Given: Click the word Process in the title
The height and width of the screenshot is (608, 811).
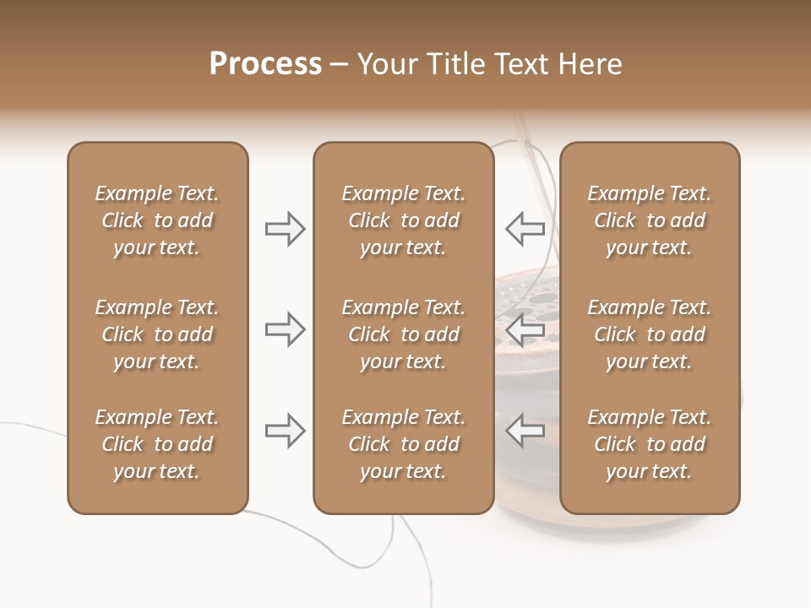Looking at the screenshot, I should click(x=265, y=64).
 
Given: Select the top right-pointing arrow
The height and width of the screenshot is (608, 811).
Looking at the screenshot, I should click(x=286, y=229).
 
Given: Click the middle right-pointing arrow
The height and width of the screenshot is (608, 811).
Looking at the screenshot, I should click(x=286, y=329).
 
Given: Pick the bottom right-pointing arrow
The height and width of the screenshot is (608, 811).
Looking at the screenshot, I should click(x=286, y=431).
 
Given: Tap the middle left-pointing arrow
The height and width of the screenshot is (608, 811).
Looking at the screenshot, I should click(x=525, y=329).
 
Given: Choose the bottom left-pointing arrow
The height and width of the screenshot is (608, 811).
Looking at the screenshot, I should click(x=525, y=431).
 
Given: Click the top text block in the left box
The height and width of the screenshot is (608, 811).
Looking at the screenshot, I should click(x=157, y=220).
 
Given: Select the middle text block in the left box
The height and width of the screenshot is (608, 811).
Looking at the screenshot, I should click(x=157, y=334).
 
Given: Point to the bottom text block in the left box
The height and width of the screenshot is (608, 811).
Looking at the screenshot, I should click(x=157, y=444).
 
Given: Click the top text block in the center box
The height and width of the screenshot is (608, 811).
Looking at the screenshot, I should click(x=403, y=220).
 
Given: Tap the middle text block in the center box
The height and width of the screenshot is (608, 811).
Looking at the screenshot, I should click(x=403, y=334).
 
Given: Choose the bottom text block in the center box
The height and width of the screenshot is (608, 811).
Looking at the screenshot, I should click(x=403, y=444).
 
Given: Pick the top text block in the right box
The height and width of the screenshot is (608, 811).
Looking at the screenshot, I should click(x=649, y=220).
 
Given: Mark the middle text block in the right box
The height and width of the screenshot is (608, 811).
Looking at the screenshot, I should click(x=649, y=334).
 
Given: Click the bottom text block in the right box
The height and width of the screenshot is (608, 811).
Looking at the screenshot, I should click(x=649, y=444).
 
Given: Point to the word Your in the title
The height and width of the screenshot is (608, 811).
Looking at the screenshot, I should click(x=386, y=64).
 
